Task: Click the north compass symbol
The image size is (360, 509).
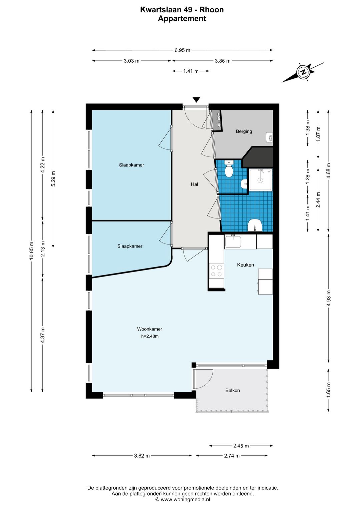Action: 303,72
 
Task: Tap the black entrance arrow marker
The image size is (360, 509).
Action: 196,100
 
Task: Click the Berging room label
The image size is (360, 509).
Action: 244,131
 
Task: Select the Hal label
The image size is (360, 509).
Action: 194,184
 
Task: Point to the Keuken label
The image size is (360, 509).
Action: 245,265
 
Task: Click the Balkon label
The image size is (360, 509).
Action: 232,390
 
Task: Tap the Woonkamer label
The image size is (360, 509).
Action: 149,329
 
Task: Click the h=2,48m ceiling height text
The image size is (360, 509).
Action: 150,336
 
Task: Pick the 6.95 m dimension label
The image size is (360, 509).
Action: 182,50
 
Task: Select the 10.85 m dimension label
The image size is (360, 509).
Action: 31,250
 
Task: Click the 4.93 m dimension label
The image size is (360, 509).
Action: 328,298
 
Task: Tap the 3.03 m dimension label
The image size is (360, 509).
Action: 132,61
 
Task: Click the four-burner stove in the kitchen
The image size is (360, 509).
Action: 216,271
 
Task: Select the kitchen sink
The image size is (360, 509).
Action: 233,241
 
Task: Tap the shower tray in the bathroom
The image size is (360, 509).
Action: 260,179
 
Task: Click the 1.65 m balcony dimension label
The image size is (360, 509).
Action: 328,390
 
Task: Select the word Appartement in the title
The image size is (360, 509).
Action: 182,18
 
